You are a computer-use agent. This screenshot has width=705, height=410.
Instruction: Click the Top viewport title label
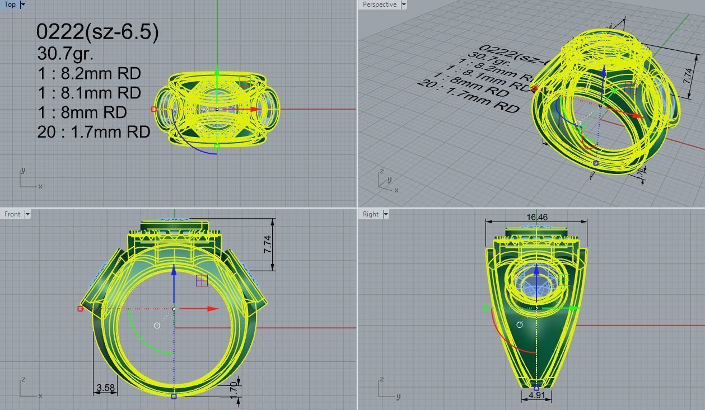[x=10, y=4]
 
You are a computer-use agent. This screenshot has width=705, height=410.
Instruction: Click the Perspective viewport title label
[x=379, y=4]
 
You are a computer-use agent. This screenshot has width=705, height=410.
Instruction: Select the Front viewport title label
[x=12, y=214]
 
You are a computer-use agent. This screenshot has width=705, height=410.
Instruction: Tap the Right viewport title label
[x=370, y=214]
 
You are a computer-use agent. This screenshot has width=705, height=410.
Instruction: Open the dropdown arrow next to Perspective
[x=403, y=4]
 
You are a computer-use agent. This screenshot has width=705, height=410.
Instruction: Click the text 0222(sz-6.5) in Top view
[x=97, y=31]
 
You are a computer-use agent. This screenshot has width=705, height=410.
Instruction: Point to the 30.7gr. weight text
[x=65, y=54]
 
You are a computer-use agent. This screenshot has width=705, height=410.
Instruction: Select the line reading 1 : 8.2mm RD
[x=88, y=73]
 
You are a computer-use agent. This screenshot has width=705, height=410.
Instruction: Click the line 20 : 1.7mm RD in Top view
[x=94, y=132]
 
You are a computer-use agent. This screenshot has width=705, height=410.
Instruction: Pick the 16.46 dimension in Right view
[x=536, y=217]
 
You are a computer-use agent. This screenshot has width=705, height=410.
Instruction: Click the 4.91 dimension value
[x=536, y=395]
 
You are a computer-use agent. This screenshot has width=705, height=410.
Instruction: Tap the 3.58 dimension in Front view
[x=105, y=387]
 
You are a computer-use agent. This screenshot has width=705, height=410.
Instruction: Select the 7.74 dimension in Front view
[x=267, y=244]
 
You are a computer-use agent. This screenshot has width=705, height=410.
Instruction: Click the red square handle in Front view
[x=81, y=309]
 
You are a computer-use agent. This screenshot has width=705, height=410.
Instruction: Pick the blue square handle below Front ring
[x=174, y=396]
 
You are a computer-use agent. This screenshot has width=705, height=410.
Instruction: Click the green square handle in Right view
[x=485, y=308]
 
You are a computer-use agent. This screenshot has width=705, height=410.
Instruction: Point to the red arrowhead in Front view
[x=213, y=309]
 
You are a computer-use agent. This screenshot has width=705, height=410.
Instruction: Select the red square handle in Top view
[x=153, y=109]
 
